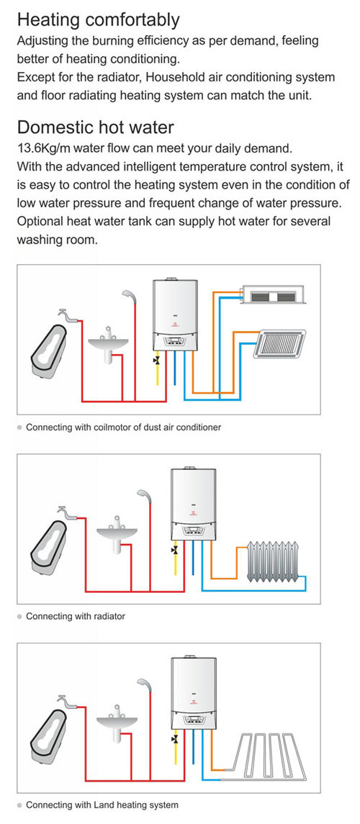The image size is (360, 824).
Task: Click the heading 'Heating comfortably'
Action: click(98, 20)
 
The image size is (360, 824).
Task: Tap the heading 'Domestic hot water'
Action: click(95, 127)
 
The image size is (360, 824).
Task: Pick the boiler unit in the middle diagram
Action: click(194, 504)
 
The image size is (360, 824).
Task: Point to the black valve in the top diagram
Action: click(156, 360)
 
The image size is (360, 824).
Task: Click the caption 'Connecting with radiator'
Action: click(76, 616)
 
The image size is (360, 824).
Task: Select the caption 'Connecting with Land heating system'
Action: click(102, 805)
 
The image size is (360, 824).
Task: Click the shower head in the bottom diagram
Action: click(145, 686)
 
